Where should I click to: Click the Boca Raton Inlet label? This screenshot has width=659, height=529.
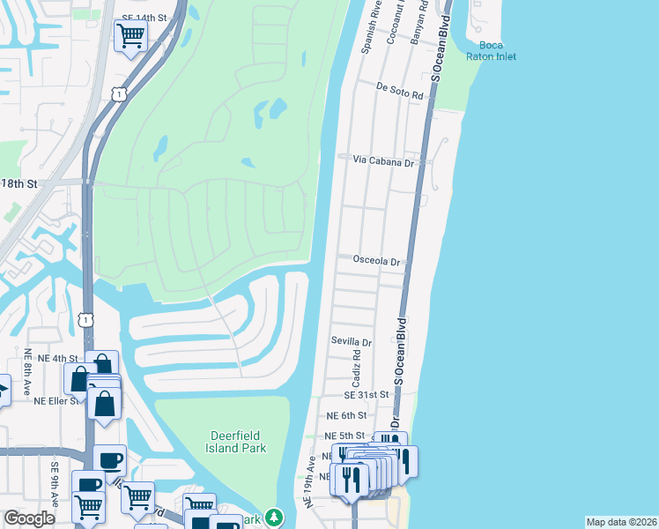pyautogui.click(x=498, y=51)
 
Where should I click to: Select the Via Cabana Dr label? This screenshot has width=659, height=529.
pyautogui.click(x=383, y=161)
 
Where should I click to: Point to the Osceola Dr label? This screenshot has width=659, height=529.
pyautogui.click(x=376, y=262)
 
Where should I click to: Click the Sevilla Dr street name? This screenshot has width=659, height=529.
pyautogui.click(x=352, y=342)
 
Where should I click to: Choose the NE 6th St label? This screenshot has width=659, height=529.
pyautogui.click(x=345, y=415)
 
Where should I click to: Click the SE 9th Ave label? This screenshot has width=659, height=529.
pyautogui.click(x=54, y=485)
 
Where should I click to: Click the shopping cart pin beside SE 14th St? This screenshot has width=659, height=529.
pyautogui.click(x=130, y=36)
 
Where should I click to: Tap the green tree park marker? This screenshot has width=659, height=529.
pyautogui.click(x=276, y=517)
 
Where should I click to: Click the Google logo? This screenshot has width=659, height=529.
pyautogui.click(x=30, y=518)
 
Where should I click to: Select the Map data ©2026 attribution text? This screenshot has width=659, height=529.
pyautogui.click(x=620, y=522)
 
